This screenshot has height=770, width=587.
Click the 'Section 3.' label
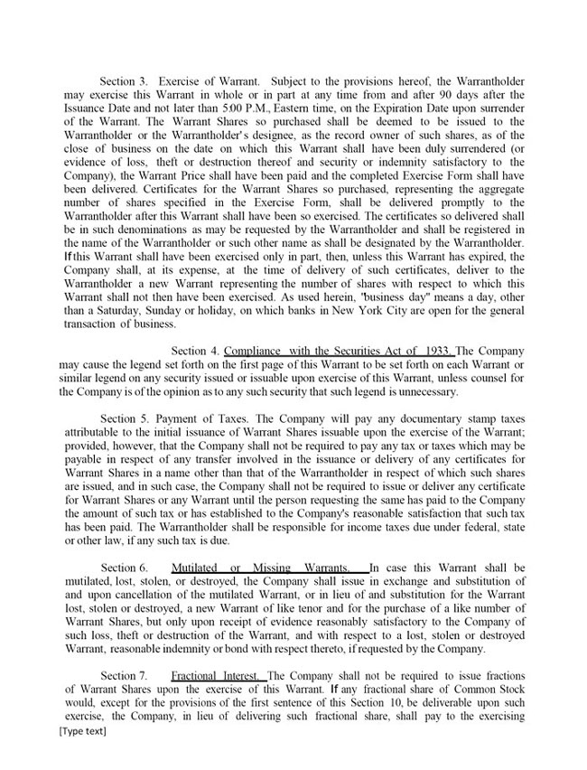coord(125,82)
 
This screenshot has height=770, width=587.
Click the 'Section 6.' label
coord(125,568)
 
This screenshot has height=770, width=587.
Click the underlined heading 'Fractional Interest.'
coord(217,675)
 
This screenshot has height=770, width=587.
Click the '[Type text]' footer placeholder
coord(81,730)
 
